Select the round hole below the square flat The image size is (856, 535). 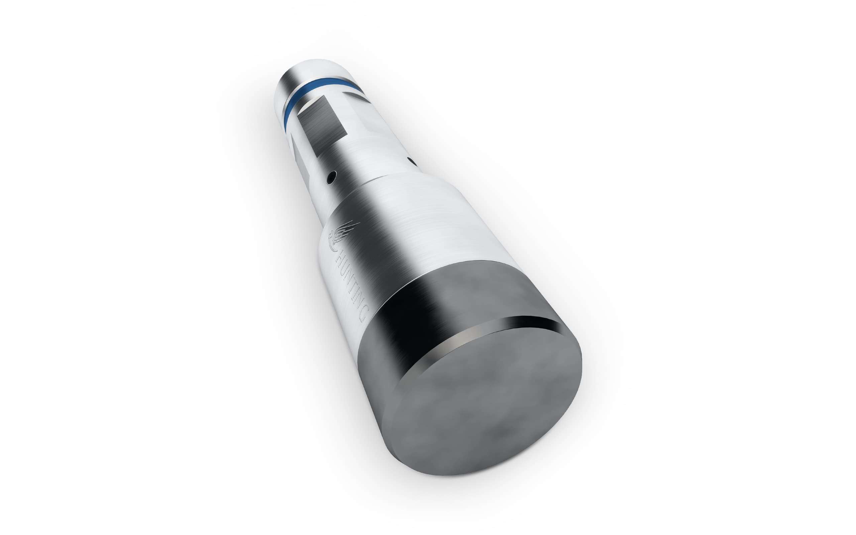tap(332, 177)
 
